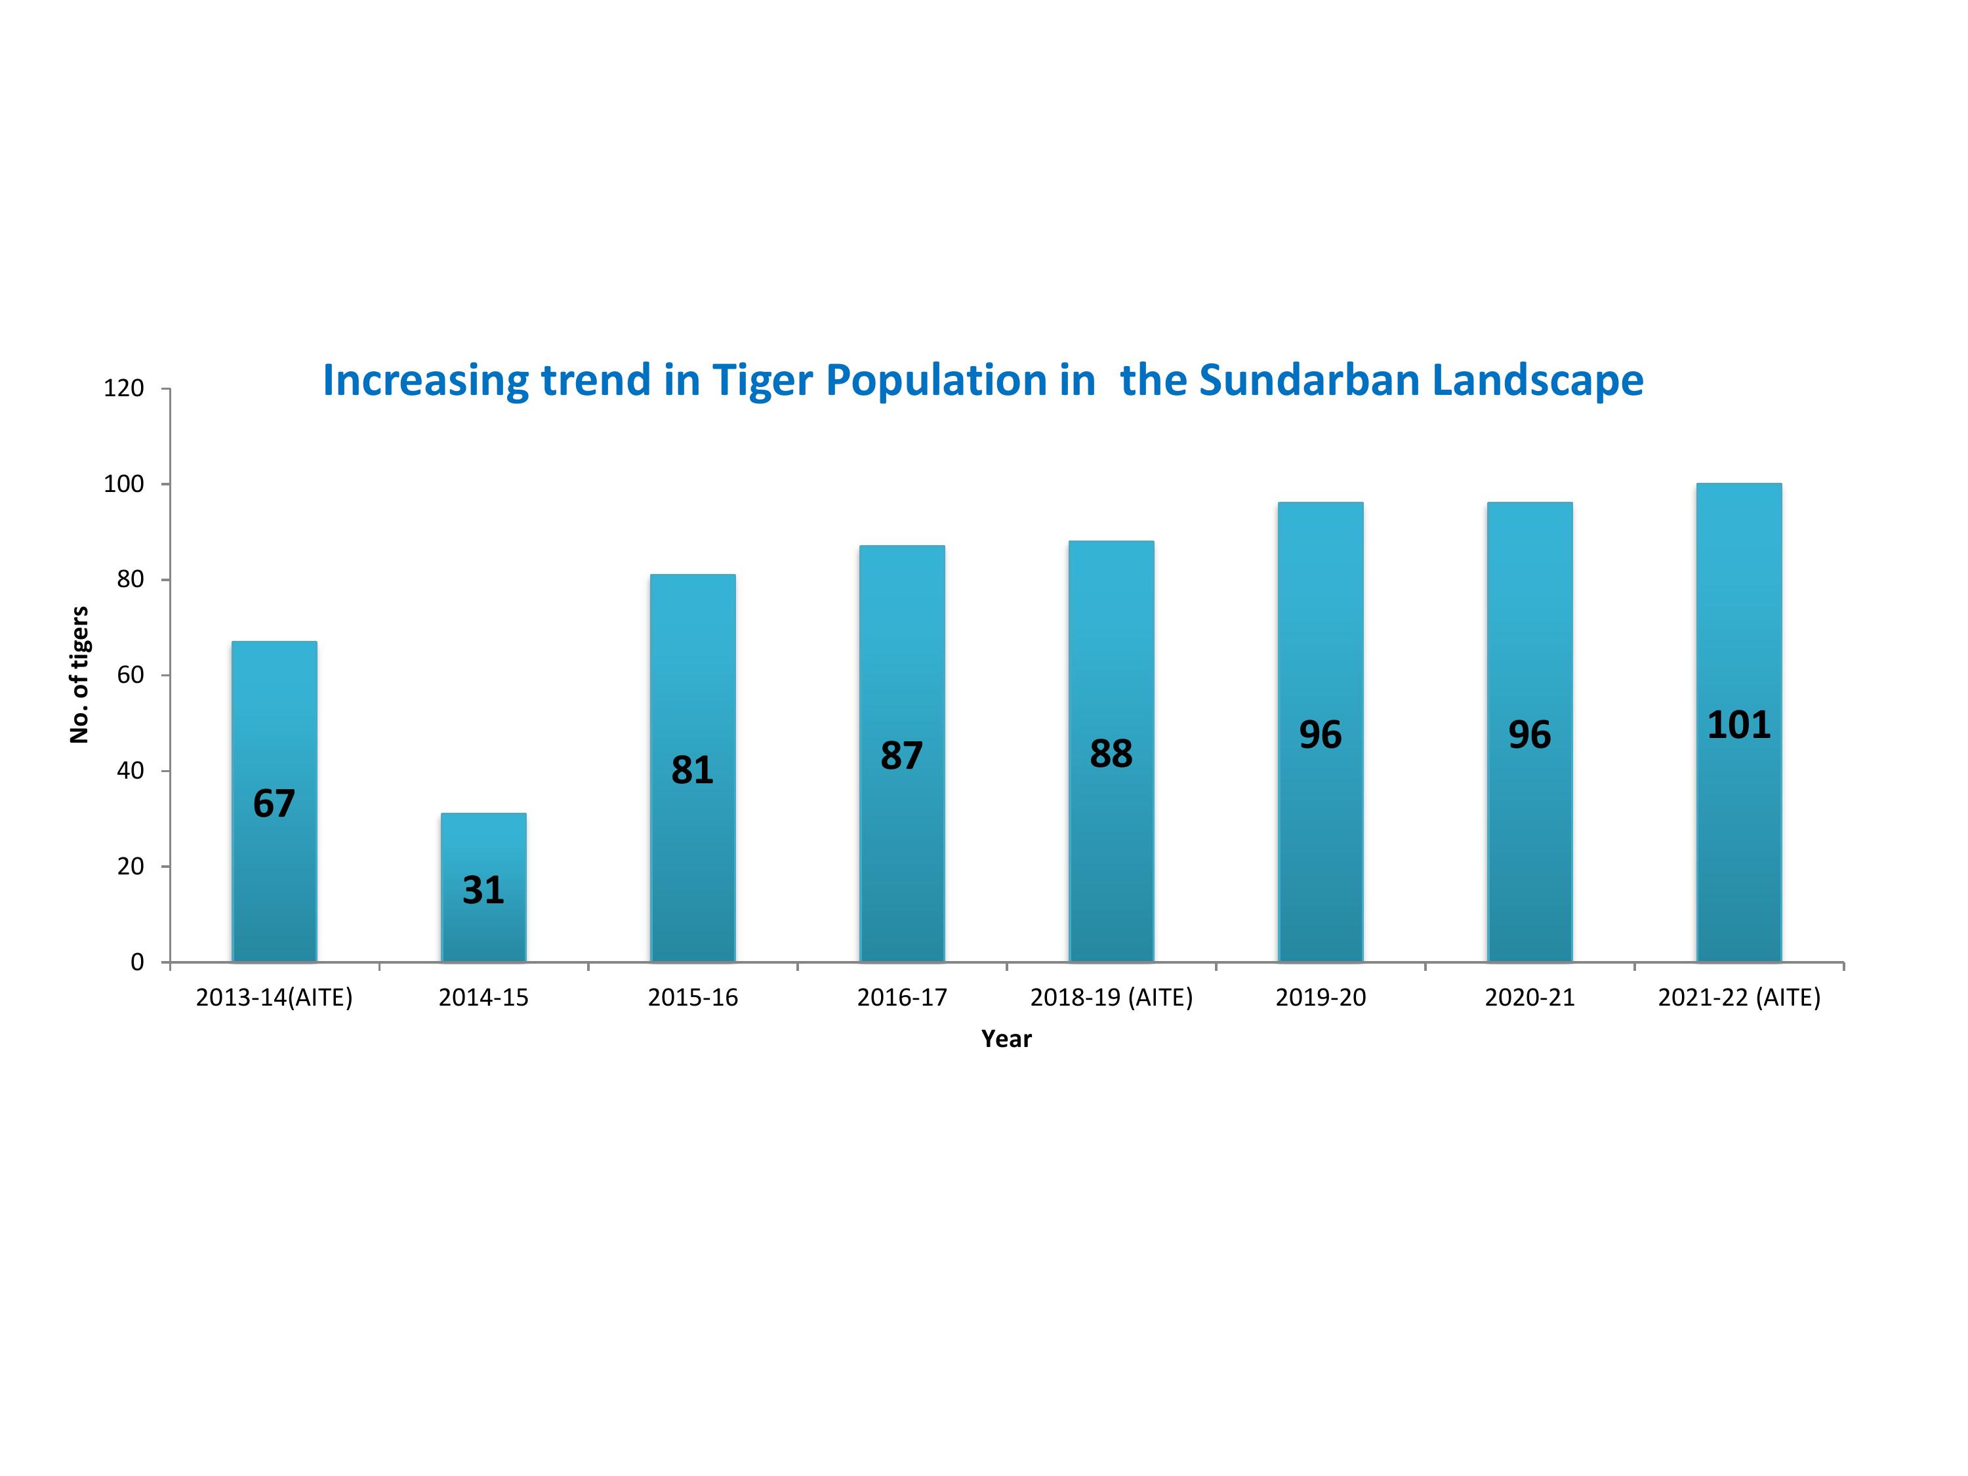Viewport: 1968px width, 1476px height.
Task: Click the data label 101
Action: pyautogui.click(x=1738, y=725)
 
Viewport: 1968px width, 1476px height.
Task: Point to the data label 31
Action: pyautogui.click(x=483, y=890)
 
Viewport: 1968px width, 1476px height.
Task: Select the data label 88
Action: pyautogui.click(x=1111, y=754)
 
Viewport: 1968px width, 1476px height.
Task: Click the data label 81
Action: pyautogui.click(x=692, y=769)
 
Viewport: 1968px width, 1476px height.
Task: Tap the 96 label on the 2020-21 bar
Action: pyautogui.click(x=1529, y=735)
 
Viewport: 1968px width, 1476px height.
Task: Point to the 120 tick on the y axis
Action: pyautogui.click(x=124, y=389)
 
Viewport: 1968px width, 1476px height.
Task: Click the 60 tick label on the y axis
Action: pyautogui.click(x=130, y=675)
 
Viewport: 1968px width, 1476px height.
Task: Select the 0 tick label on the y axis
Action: pyautogui.click(x=137, y=962)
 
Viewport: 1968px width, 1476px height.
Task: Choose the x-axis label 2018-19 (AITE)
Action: pyautogui.click(x=1111, y=997)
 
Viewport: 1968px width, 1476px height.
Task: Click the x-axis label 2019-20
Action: pyautogui.click(x=1321, y=997)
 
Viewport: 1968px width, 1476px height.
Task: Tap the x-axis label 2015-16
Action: pyautogui.click(x=692, y=997)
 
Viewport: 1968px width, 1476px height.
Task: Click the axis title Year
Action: pyautogui.click(x=1006, y=1038)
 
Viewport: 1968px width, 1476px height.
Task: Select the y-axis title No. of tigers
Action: pyautogui.click(x=79, y=674)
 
